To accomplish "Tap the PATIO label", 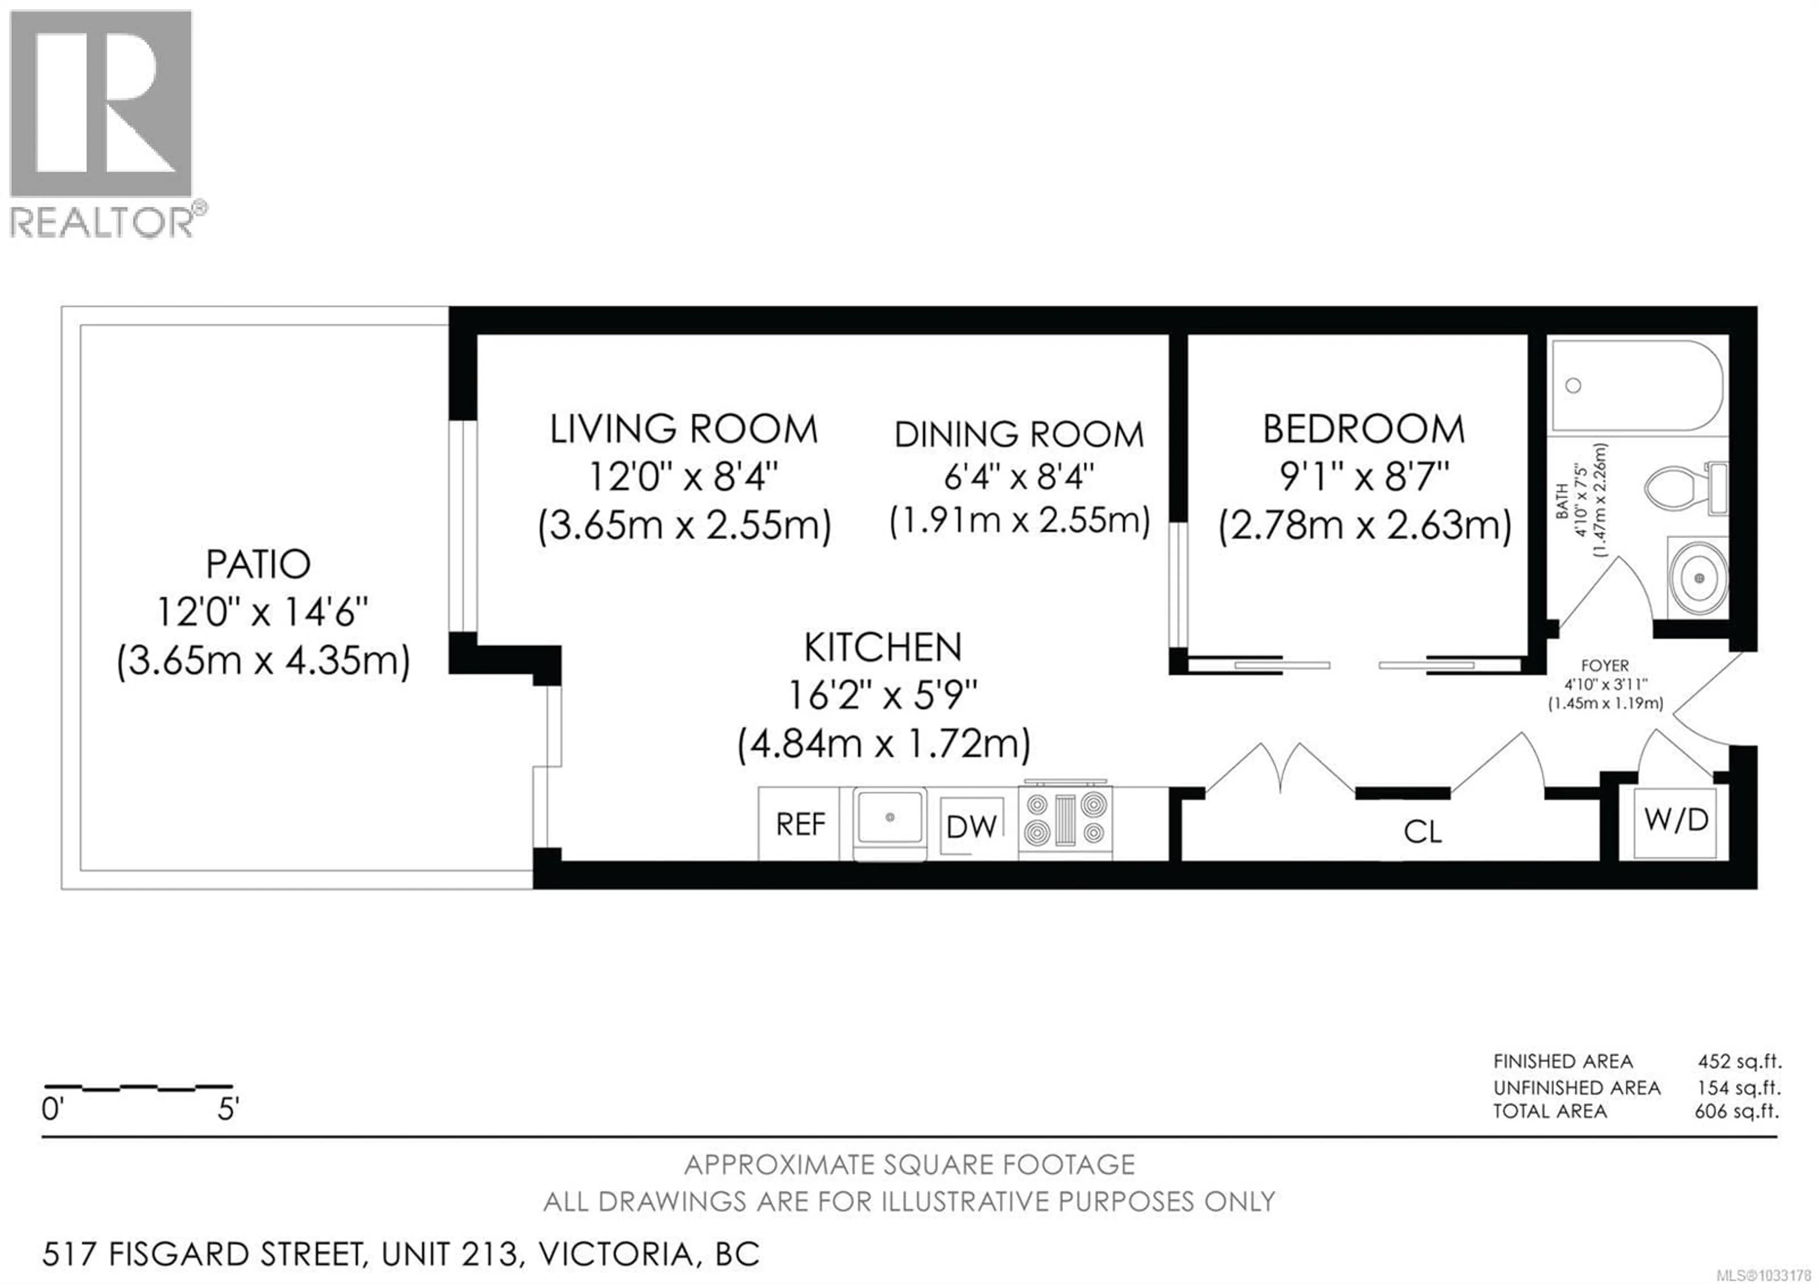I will click(258, 564).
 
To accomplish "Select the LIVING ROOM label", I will click(683, 430).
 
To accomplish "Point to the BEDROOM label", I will click(1363, 430).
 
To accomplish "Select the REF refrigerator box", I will click(800, 825).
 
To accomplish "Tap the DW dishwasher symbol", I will click(971, 827).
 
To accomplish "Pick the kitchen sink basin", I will click(889, 817).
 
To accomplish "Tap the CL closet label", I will click(1422, 832).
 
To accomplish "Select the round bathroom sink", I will click(1698, 579).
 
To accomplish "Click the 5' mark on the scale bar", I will click(228, 1109).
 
